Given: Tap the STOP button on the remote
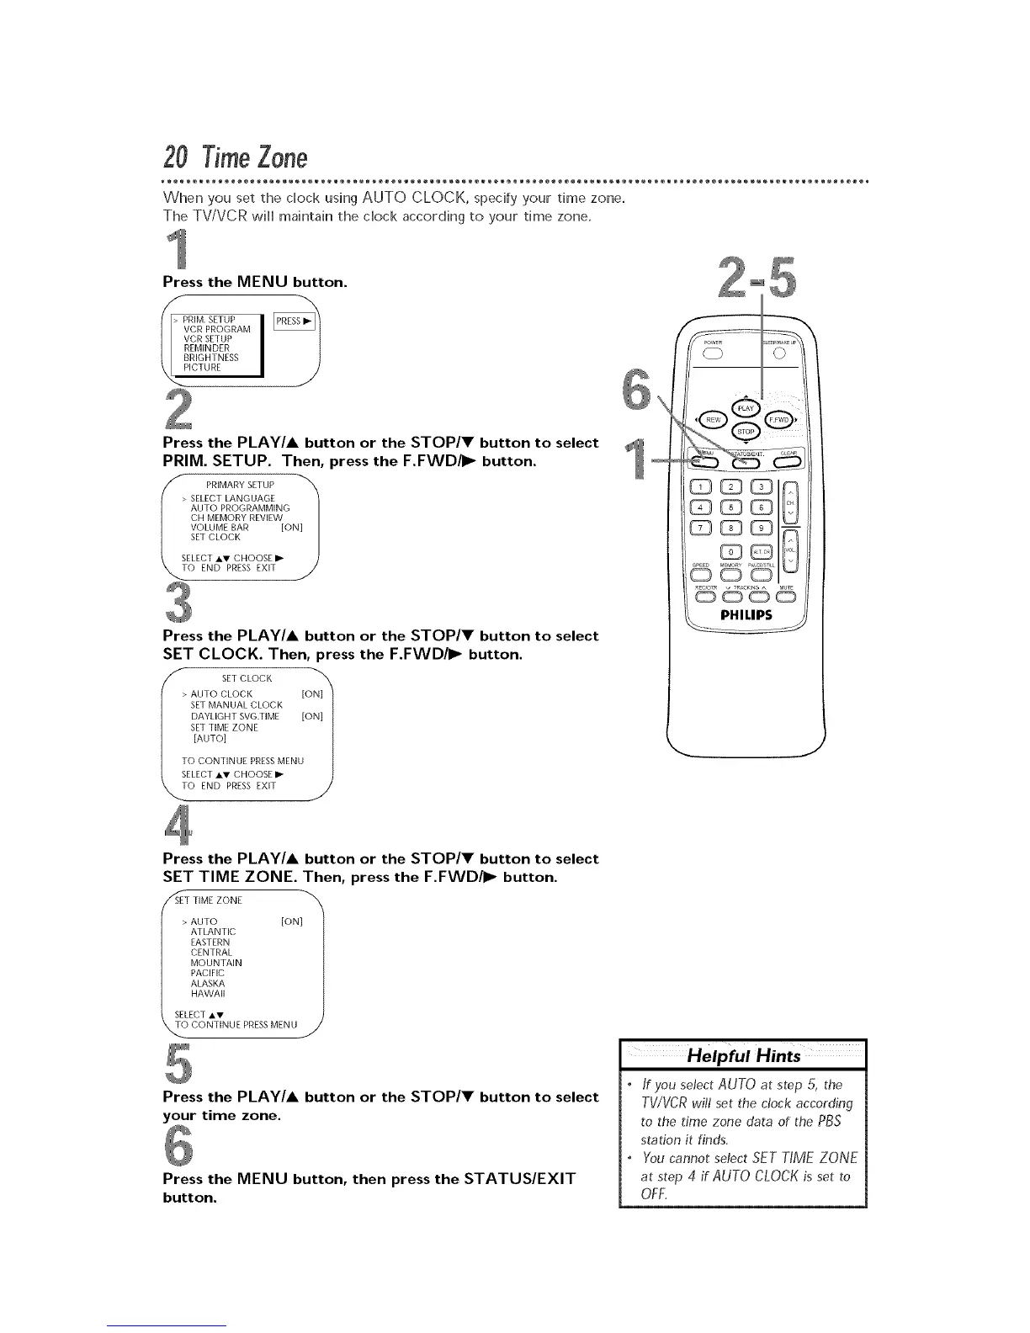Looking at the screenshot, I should click(746, 432).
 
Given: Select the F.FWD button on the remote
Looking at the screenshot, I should click(778, 420).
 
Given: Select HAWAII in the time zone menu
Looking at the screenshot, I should click(208, 993).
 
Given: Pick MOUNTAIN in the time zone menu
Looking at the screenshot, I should click(216, 962).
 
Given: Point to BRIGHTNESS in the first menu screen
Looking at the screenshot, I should click(210, 358).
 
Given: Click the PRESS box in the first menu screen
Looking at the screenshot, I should click(295, 321).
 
